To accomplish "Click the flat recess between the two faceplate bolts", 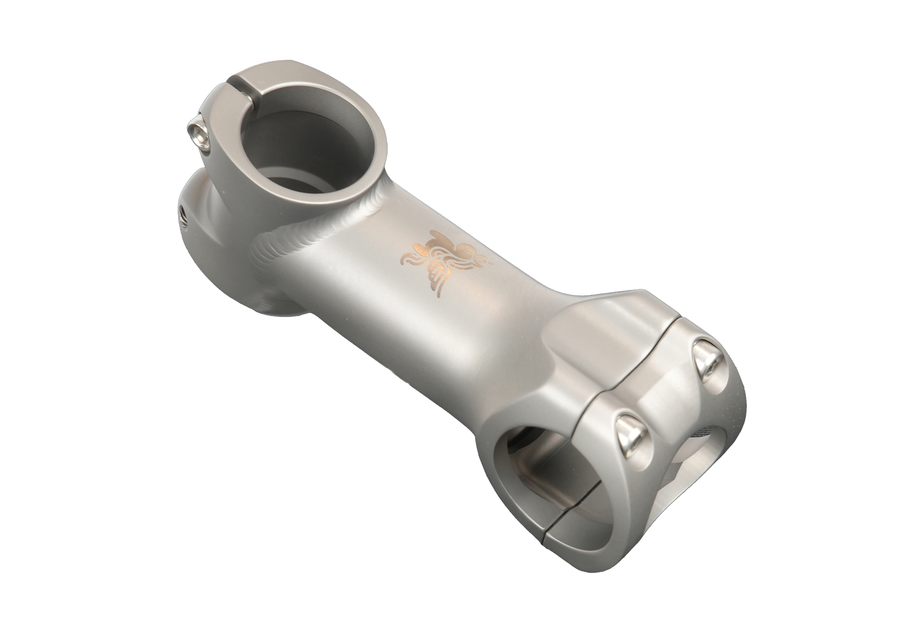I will click(x=668, y=394).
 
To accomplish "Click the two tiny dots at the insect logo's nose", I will click(x=490, y=263).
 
